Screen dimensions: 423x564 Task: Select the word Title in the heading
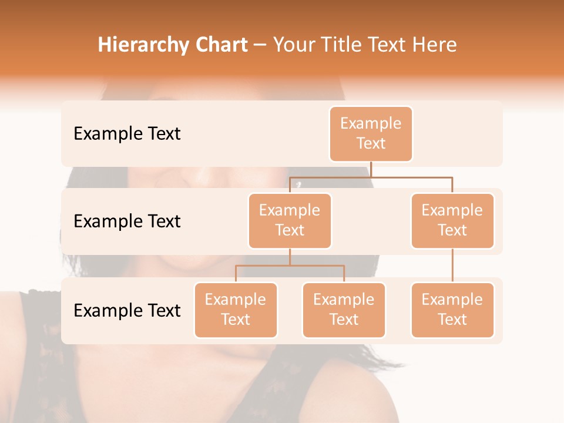(338, 45)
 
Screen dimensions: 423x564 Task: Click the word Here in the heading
(434, 45)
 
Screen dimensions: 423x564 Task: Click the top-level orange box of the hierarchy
(371, 133)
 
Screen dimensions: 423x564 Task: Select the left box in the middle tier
(290, 220)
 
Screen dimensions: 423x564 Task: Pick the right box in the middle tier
(452, 220)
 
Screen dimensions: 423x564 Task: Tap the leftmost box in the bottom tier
(236, 310)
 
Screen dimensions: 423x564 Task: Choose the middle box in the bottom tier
(344, 310)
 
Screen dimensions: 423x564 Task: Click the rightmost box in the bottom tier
(452, 310)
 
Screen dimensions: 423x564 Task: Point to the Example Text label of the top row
(127, 133)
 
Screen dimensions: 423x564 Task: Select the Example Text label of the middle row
(127, 221)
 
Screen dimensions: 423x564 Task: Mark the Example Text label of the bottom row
(127, 310)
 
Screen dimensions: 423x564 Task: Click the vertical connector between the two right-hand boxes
(452, 266)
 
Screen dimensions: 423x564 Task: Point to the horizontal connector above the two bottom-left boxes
(290, 266)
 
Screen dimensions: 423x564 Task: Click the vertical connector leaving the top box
(371, 169)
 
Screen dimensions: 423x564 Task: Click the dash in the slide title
(260, 45)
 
